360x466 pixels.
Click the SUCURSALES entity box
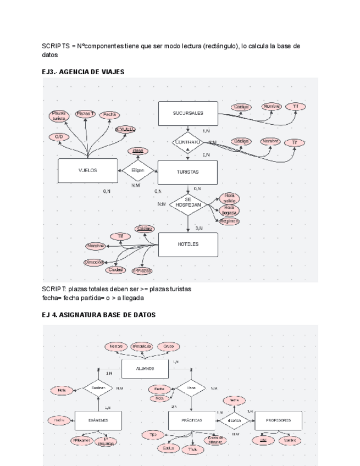pyautogui.click(x=187, y=113)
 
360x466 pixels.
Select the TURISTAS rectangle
pyautogui.click(x=187, y=171)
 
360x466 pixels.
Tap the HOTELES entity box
pyautogui.click(x=187, y=245)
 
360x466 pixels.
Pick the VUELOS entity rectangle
pyautogui.click(x=87, y=170)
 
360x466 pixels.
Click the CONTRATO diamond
pyautogui.click(x=187, y=142)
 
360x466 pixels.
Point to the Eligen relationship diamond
pyautogui.click(x=137, y=171)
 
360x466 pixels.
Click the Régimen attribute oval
pyautogui.click(x=229, y=221)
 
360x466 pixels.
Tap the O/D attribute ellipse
pyautogui.click(x=59, y=137)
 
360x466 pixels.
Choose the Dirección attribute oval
pyautogui.click(x=95, y=263)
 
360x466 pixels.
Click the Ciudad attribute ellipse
pyautogui.click(x=115, y=270)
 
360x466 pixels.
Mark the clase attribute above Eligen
pyautogui.click(x=137, y=151)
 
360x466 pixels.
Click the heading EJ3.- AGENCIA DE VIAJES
pyautogui.click(x=83, y=72)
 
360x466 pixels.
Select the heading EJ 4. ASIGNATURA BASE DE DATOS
pyautogui.click(x=98, y=315)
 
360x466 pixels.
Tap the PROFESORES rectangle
pyautogui.click(x=278, y=420)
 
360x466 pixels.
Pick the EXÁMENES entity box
pyautogui.click(x=98, y=420)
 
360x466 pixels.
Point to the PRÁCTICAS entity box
pyautogui.click(x=191, y=420)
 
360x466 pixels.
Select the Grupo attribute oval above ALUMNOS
pyautogui.click(x=168, y=347)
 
